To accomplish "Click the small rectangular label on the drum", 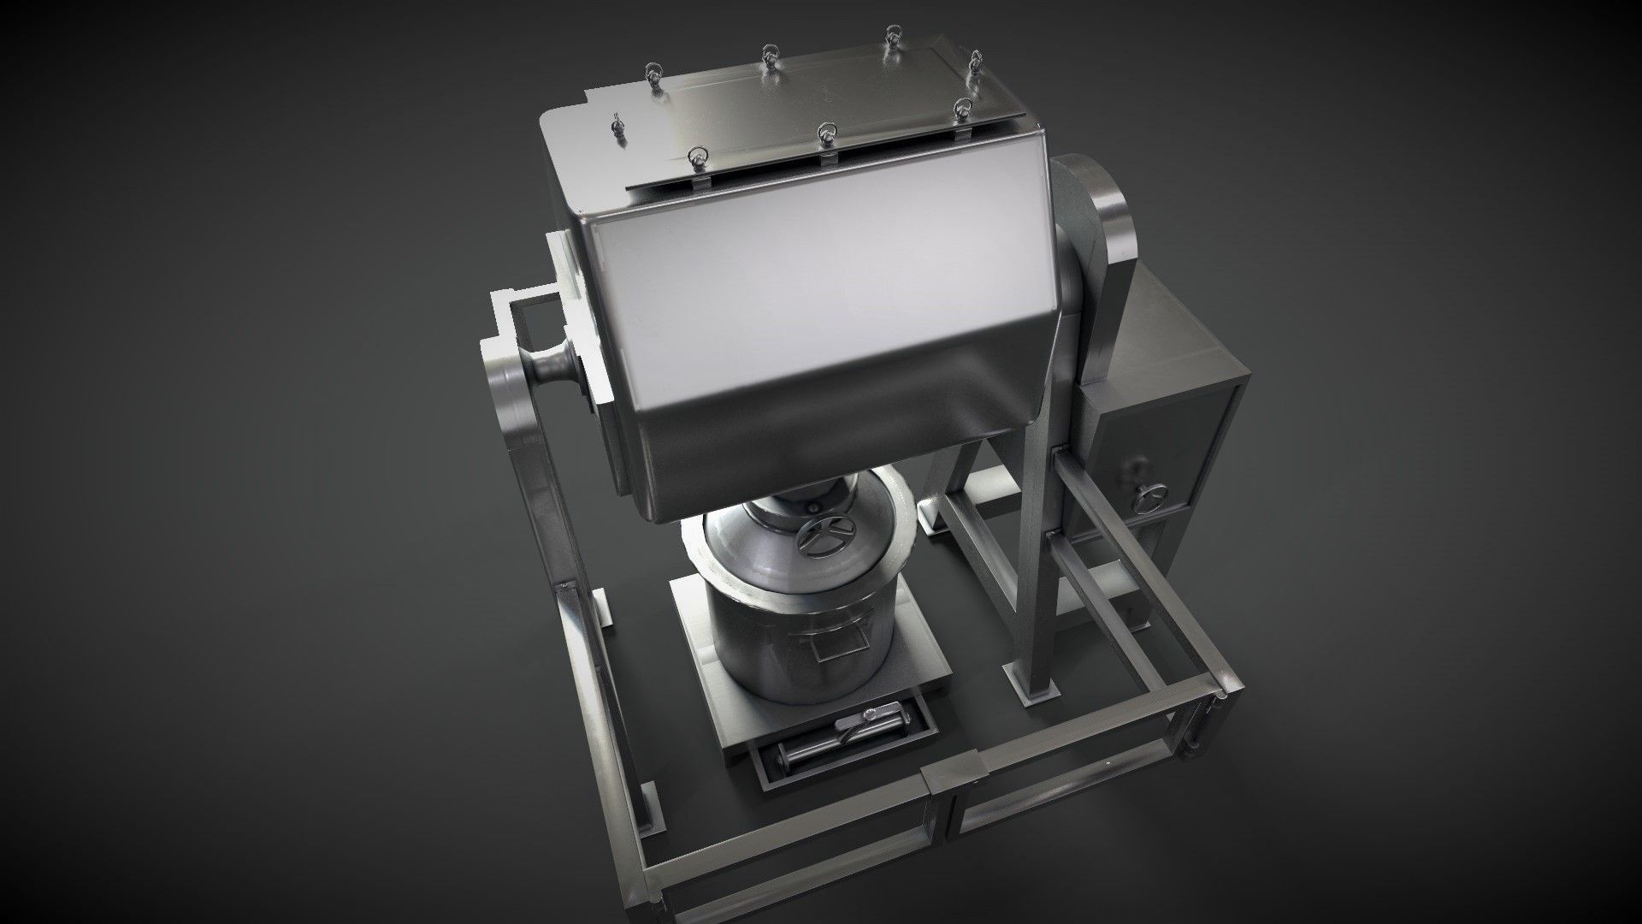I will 827,653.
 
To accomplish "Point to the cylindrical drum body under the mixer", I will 800,633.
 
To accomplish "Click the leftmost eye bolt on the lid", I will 615,127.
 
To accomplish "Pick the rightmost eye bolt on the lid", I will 975,62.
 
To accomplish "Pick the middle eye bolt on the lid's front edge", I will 826,133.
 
